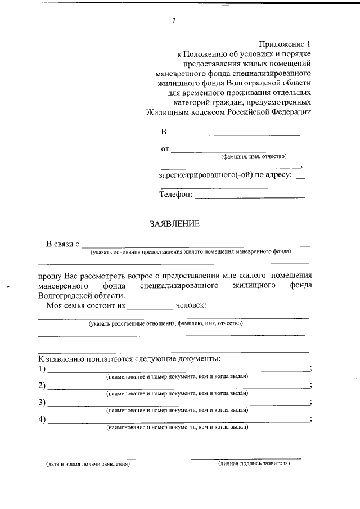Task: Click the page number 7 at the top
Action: [x=174, y=21]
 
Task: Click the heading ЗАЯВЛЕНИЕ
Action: [x=174, y=224]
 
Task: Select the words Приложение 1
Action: [x=285, y=43]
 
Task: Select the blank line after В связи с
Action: [x=196, y=246]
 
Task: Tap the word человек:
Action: [x=191, y=305]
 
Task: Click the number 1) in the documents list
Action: [x=42, y=369]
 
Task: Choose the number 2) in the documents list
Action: [x=42, y=386]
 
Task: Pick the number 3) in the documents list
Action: [x=42, y=403]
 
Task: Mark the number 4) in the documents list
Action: [x=42, y=420]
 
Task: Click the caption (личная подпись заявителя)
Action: [x=254, y=464]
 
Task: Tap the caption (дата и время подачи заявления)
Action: [x=88, y=465]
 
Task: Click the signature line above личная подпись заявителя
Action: [x=246, y=458]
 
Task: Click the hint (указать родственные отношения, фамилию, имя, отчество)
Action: [x=165, y=324]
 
